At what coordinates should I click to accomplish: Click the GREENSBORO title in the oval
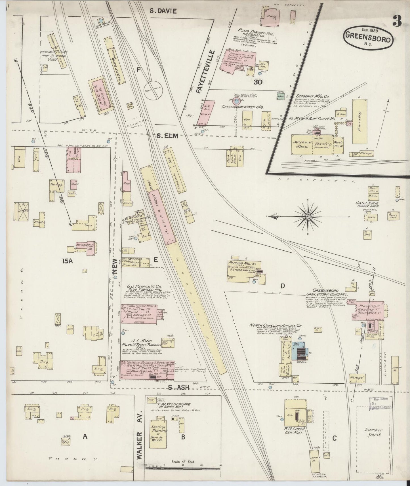(369, 36)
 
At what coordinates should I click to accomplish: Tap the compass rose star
(308, 217)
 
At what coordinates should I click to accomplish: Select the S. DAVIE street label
(163, 11)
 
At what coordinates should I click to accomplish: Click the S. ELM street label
(167, 136)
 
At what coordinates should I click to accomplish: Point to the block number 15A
(68, 261)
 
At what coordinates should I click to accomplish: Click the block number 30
(258, 82)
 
